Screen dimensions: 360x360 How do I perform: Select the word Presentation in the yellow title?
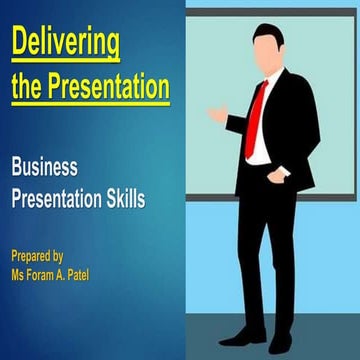point(105,88)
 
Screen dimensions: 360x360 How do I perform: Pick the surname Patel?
point(104,271)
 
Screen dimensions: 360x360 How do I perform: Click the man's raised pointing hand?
point(217,115)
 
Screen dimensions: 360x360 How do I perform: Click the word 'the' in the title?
point(26,88)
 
